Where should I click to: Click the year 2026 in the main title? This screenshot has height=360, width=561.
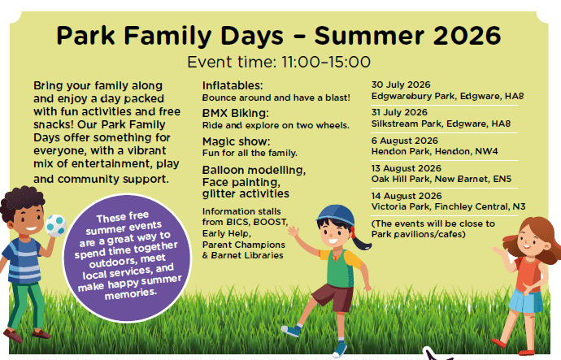[467, 36]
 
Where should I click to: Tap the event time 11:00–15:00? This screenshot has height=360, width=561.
[326, 63]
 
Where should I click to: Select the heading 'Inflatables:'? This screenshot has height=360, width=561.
[233, 85]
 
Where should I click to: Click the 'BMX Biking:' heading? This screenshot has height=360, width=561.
[236, 113]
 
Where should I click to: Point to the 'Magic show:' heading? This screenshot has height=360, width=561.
[236, 141]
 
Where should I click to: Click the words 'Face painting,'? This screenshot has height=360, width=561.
[241, 182]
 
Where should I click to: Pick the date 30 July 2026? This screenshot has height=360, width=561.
[401, 85]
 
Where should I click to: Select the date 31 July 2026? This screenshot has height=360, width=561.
[399, 112]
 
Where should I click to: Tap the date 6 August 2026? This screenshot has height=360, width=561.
[405, 141]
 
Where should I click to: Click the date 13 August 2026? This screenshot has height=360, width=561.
[406, 168]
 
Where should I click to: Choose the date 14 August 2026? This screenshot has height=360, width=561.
[407, 196]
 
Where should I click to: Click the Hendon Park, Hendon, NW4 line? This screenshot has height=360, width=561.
[434, 152]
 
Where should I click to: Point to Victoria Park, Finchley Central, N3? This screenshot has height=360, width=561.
[448, 206]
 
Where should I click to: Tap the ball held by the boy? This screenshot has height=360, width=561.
[56, 226]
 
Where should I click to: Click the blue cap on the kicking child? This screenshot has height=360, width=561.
[336, 215]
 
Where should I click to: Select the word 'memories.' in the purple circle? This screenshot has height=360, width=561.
[131, 294]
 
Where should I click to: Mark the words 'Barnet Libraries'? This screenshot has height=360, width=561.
[247, 255]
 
